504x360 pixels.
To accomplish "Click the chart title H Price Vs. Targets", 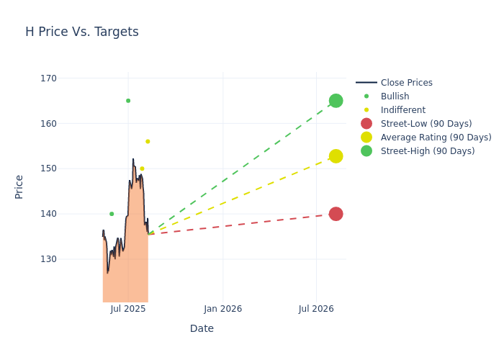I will tap(82, 32).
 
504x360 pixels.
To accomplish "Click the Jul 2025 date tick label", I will tap(128, 309).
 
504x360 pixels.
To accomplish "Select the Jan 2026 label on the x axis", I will tap(222, 309).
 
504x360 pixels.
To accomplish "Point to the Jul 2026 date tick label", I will tap(316, 309).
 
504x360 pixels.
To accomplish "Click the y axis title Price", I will tap(19, 186).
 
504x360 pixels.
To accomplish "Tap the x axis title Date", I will tap(202, 328).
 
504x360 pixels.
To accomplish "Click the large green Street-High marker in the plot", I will tap(336, 101).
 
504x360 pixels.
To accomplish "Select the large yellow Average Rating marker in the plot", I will tap(336, 156).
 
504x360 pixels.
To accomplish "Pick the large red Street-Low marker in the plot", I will tap(336, 214).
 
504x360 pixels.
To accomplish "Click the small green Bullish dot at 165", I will tap(128, 101).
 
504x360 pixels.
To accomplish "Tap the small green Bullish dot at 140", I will tap(112, 214).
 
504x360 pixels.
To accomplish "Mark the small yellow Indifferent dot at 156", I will tap(148, 141).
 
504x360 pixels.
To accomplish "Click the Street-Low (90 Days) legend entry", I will tap(426, 124).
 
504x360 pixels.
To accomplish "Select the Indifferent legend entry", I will tap(402, 110).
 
